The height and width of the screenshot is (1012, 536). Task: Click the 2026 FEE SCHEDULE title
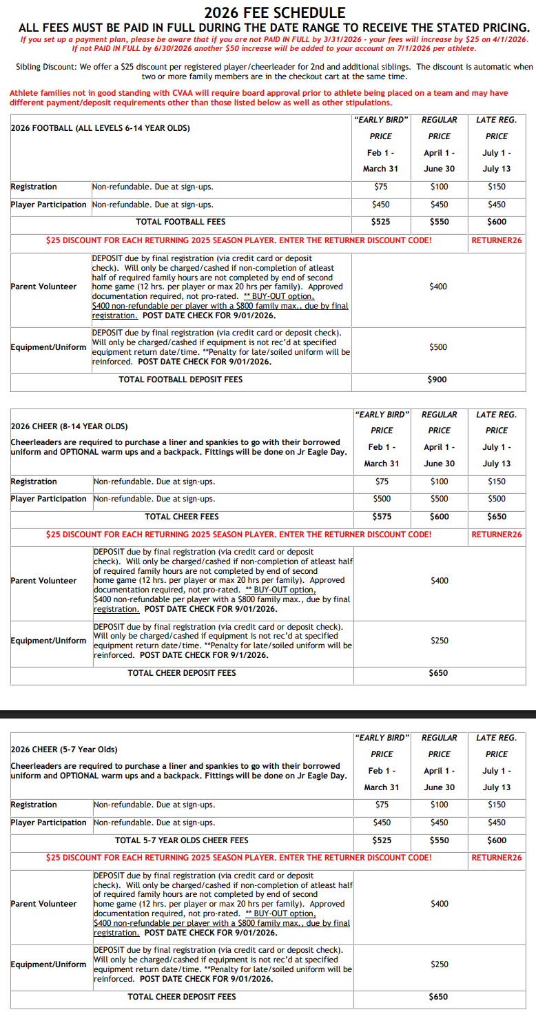tap(275, 12)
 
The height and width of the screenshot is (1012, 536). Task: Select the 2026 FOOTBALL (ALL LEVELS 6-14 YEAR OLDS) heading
tap(101, 128)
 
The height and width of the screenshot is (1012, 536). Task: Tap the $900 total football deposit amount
tap(439, 380)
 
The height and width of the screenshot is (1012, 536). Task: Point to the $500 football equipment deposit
tap(439, 347)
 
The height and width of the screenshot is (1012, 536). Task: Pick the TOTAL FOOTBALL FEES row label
tap(181, 222)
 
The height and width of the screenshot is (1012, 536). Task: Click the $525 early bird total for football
tap(381, 222)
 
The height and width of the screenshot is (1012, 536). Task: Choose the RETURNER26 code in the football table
tap(497, 240)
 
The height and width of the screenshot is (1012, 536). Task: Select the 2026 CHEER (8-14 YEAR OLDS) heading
tap(70, 427)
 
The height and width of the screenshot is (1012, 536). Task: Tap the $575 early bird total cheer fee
tap(381, 517)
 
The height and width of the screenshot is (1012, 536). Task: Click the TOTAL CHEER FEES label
tap(182, 517)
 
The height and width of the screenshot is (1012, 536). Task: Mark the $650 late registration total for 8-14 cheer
tap(496, 517)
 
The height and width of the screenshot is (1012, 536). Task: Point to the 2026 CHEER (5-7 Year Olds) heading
tap(64, 750)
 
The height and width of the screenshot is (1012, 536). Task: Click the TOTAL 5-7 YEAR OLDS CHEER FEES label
tap(182, 840)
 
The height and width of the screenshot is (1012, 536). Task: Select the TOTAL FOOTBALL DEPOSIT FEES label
tap(181, 380)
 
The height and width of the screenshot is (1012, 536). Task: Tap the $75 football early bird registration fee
tap(381, 187)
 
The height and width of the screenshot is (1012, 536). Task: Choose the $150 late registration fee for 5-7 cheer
tap(496, 805)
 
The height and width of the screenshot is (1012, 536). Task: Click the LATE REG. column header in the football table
tap(496, 120)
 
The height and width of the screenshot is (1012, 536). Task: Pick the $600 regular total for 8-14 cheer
tap(439, 517)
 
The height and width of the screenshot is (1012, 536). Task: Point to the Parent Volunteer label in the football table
tap(44, 287)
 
